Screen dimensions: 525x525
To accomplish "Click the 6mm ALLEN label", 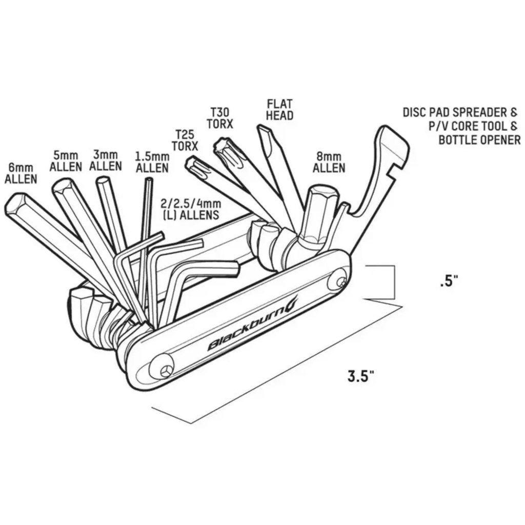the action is click(x=21, y=173).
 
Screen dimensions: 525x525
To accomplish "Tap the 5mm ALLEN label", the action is click(x=66, y=161).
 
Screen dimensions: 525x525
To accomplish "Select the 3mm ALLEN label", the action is click(x=106, y=160).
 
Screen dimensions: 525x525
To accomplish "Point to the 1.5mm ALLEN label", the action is click(x=152, y=162).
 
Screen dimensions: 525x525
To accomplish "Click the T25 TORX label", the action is click(x=185, y=140).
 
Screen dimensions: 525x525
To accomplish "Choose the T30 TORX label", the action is click(x=219, y=118).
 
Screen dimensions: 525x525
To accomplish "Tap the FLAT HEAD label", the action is click(x=279, y=110).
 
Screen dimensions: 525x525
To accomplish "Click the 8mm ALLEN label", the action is click(x=329, y=163).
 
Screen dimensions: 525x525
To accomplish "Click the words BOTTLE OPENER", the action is click(x=479, y=139).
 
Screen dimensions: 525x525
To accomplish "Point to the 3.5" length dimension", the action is click(x=360, y=375).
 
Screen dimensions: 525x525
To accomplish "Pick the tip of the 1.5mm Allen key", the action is click(x=148, y=180).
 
